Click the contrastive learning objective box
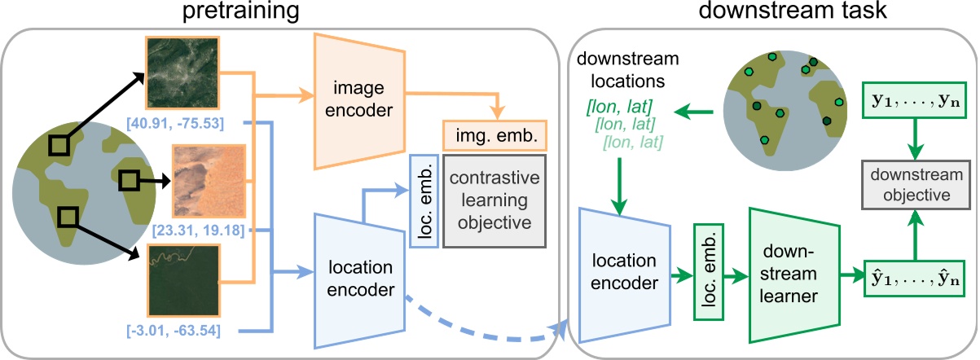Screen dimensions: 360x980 [x=494, y=200]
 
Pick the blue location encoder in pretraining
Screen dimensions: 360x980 [x=359, y=277]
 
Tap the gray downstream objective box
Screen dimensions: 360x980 [x=910, y=186]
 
